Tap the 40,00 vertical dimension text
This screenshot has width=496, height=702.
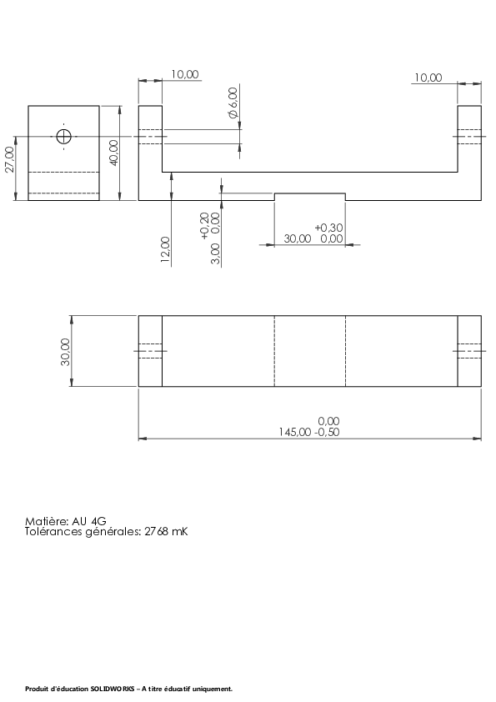click(113, 153)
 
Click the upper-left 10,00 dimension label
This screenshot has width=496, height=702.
click(185, 74)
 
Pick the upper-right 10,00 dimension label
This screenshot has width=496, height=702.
click(428, 78)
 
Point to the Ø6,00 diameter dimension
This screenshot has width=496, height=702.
click(233, 103)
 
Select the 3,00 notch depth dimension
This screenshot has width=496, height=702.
click(215, 253)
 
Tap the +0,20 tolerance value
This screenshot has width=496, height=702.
click(204, 226)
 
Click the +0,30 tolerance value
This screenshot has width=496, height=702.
click(329, 228)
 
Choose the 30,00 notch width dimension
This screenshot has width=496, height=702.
click(298, 238)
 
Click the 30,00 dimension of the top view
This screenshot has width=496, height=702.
click(65, 352)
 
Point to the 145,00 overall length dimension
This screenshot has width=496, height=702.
click(295, 432)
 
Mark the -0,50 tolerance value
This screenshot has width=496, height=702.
click(326, 432)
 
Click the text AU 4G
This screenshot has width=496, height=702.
click(89, 522)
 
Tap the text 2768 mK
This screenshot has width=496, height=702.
click(166, 532)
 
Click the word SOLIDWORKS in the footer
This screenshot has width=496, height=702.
click(113, 689)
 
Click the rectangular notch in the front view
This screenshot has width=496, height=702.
click(310, 193)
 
